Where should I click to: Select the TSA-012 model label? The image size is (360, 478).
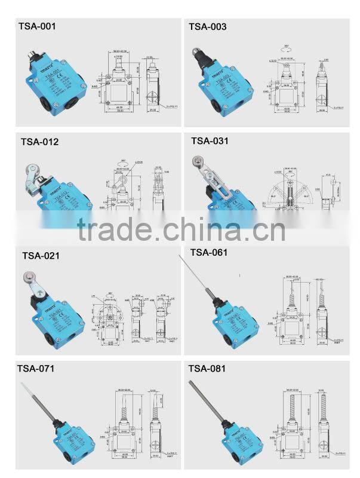pyautogui.click(x=40, y=142)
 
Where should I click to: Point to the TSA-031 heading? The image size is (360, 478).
pyautogui.click(x=210, y=141)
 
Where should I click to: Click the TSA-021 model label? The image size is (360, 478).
pyautogui.click(x=41, y=256)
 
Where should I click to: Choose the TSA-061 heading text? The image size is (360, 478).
pyautogui.click(x=209, y=252)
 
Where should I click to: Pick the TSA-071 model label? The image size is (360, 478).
pyautogui.click(x=37, y=369)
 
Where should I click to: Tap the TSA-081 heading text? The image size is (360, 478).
pyautogui.click(x=207, y=369)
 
